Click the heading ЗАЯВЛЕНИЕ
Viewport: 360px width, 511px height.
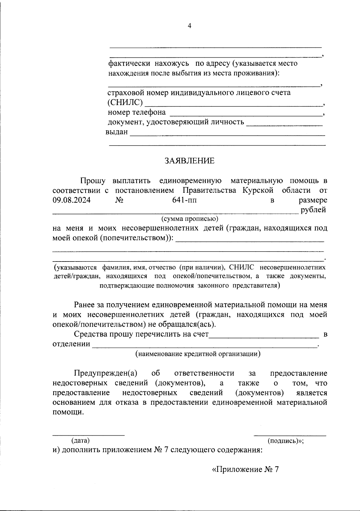pos(190,161)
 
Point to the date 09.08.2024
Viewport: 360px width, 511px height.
pos(72,200)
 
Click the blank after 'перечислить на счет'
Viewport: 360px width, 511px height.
pos(264,337)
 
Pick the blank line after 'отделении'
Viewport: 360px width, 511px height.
pos(205,347)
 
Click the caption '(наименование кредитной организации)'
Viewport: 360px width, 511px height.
pos(198,354)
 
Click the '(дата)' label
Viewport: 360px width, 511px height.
pos(80,440)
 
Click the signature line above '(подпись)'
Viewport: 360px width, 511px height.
pos(290,435)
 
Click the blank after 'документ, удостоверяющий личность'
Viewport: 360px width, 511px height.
pos(284,125)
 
